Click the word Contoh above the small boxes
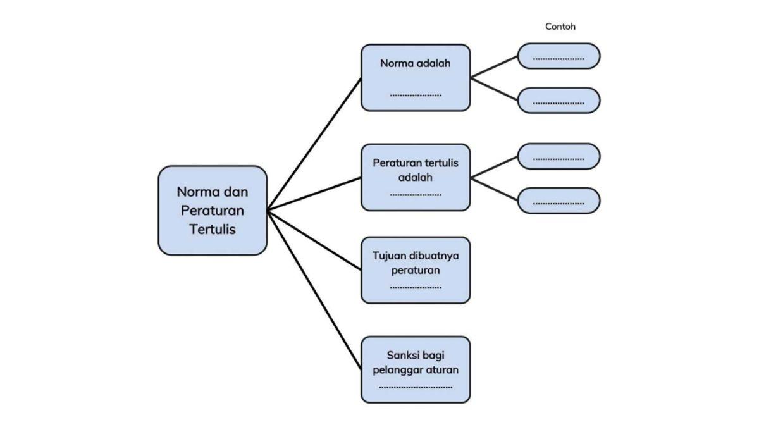(x=560, y=27)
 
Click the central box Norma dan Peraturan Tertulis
(x=213, y=211)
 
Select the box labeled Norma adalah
(x=416, y=77)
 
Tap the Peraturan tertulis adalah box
(x=416, y=177)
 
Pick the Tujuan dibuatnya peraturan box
(x=416, y=270)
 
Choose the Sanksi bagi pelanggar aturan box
(x=416, y=369)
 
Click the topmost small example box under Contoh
(x=558, y=56)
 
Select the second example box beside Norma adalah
(x=558, y=101)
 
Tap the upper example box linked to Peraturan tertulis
(x=558, y=156)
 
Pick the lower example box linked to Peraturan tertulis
(x=558, y=201)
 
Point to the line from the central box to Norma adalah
(x=314, y=144)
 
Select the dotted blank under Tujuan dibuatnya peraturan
(x=416, y=288)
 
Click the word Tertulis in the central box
(x=213, y=229)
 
